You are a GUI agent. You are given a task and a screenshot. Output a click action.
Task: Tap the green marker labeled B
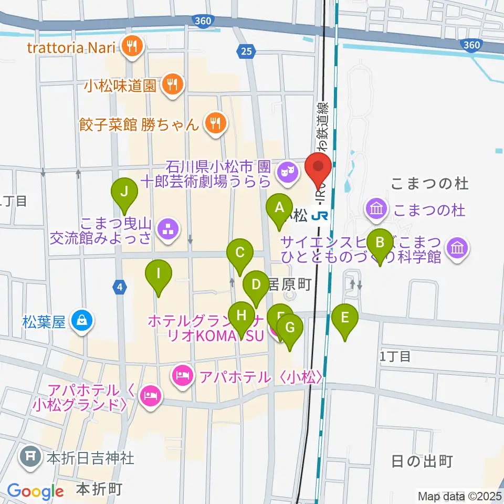click(x=380, y=244)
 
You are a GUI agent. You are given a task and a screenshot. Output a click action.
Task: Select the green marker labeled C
click(x=240, y=253)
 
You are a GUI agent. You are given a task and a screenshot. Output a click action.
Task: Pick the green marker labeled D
click(x=256, y=285)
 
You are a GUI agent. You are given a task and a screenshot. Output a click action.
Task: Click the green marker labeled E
click(x=345, y=318)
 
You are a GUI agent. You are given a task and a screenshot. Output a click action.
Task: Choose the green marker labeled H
click(x=241, y=316)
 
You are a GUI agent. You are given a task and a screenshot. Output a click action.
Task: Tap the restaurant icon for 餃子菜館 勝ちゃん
click(x=215, y=124)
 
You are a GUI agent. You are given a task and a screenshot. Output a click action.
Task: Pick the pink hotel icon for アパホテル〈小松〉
click(x=182, y=376)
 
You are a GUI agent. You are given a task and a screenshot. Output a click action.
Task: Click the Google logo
click(x=35, y=491)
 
